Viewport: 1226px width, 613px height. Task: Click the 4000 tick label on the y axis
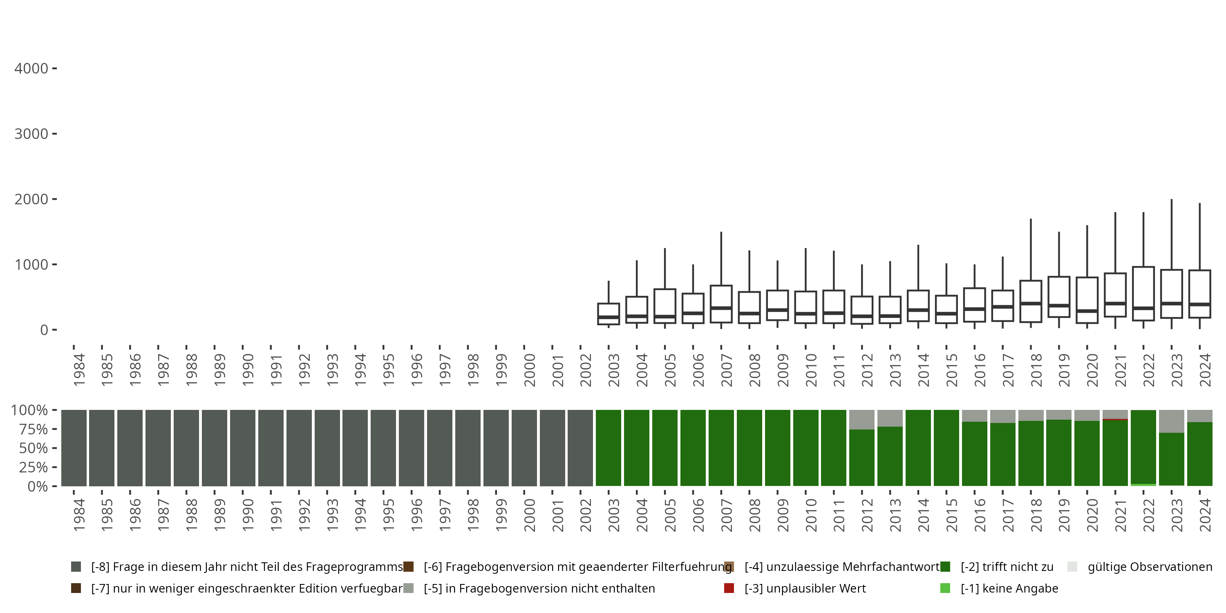31,69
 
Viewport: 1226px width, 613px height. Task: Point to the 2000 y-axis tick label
31,199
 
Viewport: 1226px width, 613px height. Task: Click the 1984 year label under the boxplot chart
79,370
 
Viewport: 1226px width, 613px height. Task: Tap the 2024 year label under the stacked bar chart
1205,515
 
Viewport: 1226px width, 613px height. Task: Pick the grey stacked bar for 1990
243,448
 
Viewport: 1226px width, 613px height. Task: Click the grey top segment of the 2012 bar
861,419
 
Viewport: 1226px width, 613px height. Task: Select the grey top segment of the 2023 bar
1171,421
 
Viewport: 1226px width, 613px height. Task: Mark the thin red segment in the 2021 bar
1115,419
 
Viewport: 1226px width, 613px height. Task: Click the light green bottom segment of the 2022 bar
1143,485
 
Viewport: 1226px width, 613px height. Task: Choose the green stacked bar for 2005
665,448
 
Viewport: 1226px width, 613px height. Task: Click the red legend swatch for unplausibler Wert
729,588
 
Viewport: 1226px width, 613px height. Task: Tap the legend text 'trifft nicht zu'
1007,567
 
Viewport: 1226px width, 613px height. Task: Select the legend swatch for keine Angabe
945,588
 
